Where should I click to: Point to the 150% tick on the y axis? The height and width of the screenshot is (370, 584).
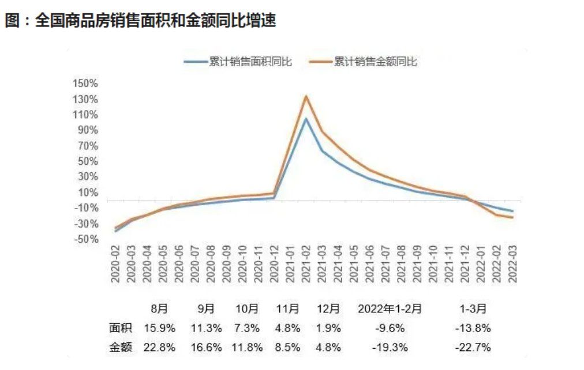pos(85,83)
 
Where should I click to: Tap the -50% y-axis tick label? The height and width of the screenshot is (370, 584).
pos(85,239)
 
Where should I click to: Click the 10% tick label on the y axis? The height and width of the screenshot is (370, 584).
pos(88,192)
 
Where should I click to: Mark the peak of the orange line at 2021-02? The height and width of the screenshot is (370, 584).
pos(306,96)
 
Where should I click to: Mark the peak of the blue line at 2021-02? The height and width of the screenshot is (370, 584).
pos(306,119)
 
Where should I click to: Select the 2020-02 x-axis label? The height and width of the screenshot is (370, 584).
pos(116,263)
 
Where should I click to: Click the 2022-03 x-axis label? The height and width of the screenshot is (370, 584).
pos(512,263)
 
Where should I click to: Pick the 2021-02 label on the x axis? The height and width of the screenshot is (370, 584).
pos(306,263)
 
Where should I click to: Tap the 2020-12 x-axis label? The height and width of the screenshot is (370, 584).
pos(274,263)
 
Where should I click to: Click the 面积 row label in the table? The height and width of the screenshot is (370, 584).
pos(121,329)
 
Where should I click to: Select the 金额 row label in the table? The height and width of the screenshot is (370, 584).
pos(121,348)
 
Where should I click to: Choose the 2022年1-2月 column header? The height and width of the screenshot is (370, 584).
pos(390,309)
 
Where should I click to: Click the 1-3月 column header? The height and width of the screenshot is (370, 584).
pos(473,309)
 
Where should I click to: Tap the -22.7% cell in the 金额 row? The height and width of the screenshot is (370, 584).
pos(473,348)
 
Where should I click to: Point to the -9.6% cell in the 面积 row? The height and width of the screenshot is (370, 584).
pos(390,329)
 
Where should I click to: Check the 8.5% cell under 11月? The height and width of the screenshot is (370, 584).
pos(287,348)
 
